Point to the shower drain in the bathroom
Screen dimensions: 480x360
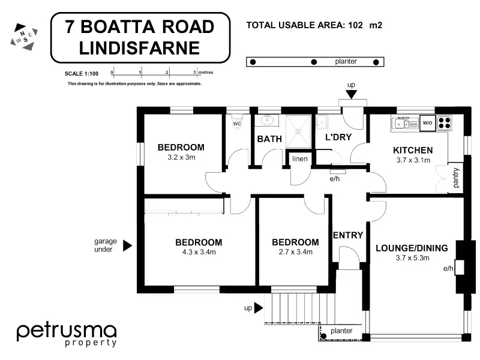pyautogui.click(x=299, y=130)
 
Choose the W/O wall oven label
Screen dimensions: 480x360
pyautogui.click(x=427, y=123)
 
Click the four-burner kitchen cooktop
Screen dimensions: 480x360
pyautogui.click(x=445, y=123)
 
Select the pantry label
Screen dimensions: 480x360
pyautogui.click(x=457, y=178)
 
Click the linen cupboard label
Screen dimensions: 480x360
pyautogui.click(x=300, y=159)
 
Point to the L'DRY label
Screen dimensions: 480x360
pyautogui.click(x=338, y=137)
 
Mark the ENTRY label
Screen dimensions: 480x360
pyautogui.click(x=348, y=235)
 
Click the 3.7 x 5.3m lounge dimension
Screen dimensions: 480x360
pyautogui.click(x=411, y=258)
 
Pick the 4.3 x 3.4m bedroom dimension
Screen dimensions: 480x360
pyautogui.click(x=199, y=252)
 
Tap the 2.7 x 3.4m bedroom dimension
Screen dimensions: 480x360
pyautogui.click(x=295, y=252)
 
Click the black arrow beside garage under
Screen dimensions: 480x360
pyautogui.click(x=127, y=245)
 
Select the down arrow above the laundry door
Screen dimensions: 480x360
pyautogui.click(x=351, y=94)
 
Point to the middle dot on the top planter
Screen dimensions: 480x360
pyautogui.click(x=313, y=62)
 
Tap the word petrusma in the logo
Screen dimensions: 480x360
pyautogui.click(x=66, y=331)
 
